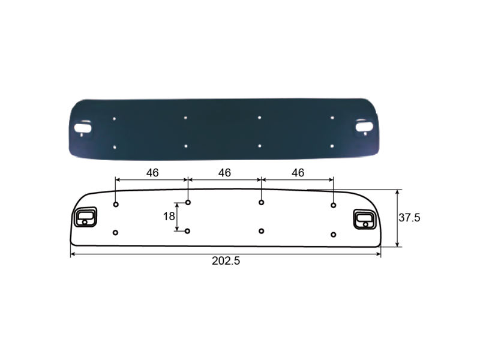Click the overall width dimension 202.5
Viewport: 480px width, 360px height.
click(x=226, y=261)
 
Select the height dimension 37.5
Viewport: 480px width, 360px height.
click(x=409, y=218)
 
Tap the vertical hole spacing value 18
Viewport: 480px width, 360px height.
click(x=169, y=217)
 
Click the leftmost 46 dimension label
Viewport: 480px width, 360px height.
click(x=152, y=173)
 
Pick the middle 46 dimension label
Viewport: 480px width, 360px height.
click(x=224, y=173)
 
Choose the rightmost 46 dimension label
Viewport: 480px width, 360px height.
click(x=298, y=173)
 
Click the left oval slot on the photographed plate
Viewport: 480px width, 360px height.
click(x=83, y=127)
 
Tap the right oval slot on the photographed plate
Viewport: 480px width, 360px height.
click(x=364, y=126)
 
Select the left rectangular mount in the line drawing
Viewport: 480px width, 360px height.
click(x=85, y=217)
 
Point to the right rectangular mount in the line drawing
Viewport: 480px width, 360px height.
click(x=365, y=219)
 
